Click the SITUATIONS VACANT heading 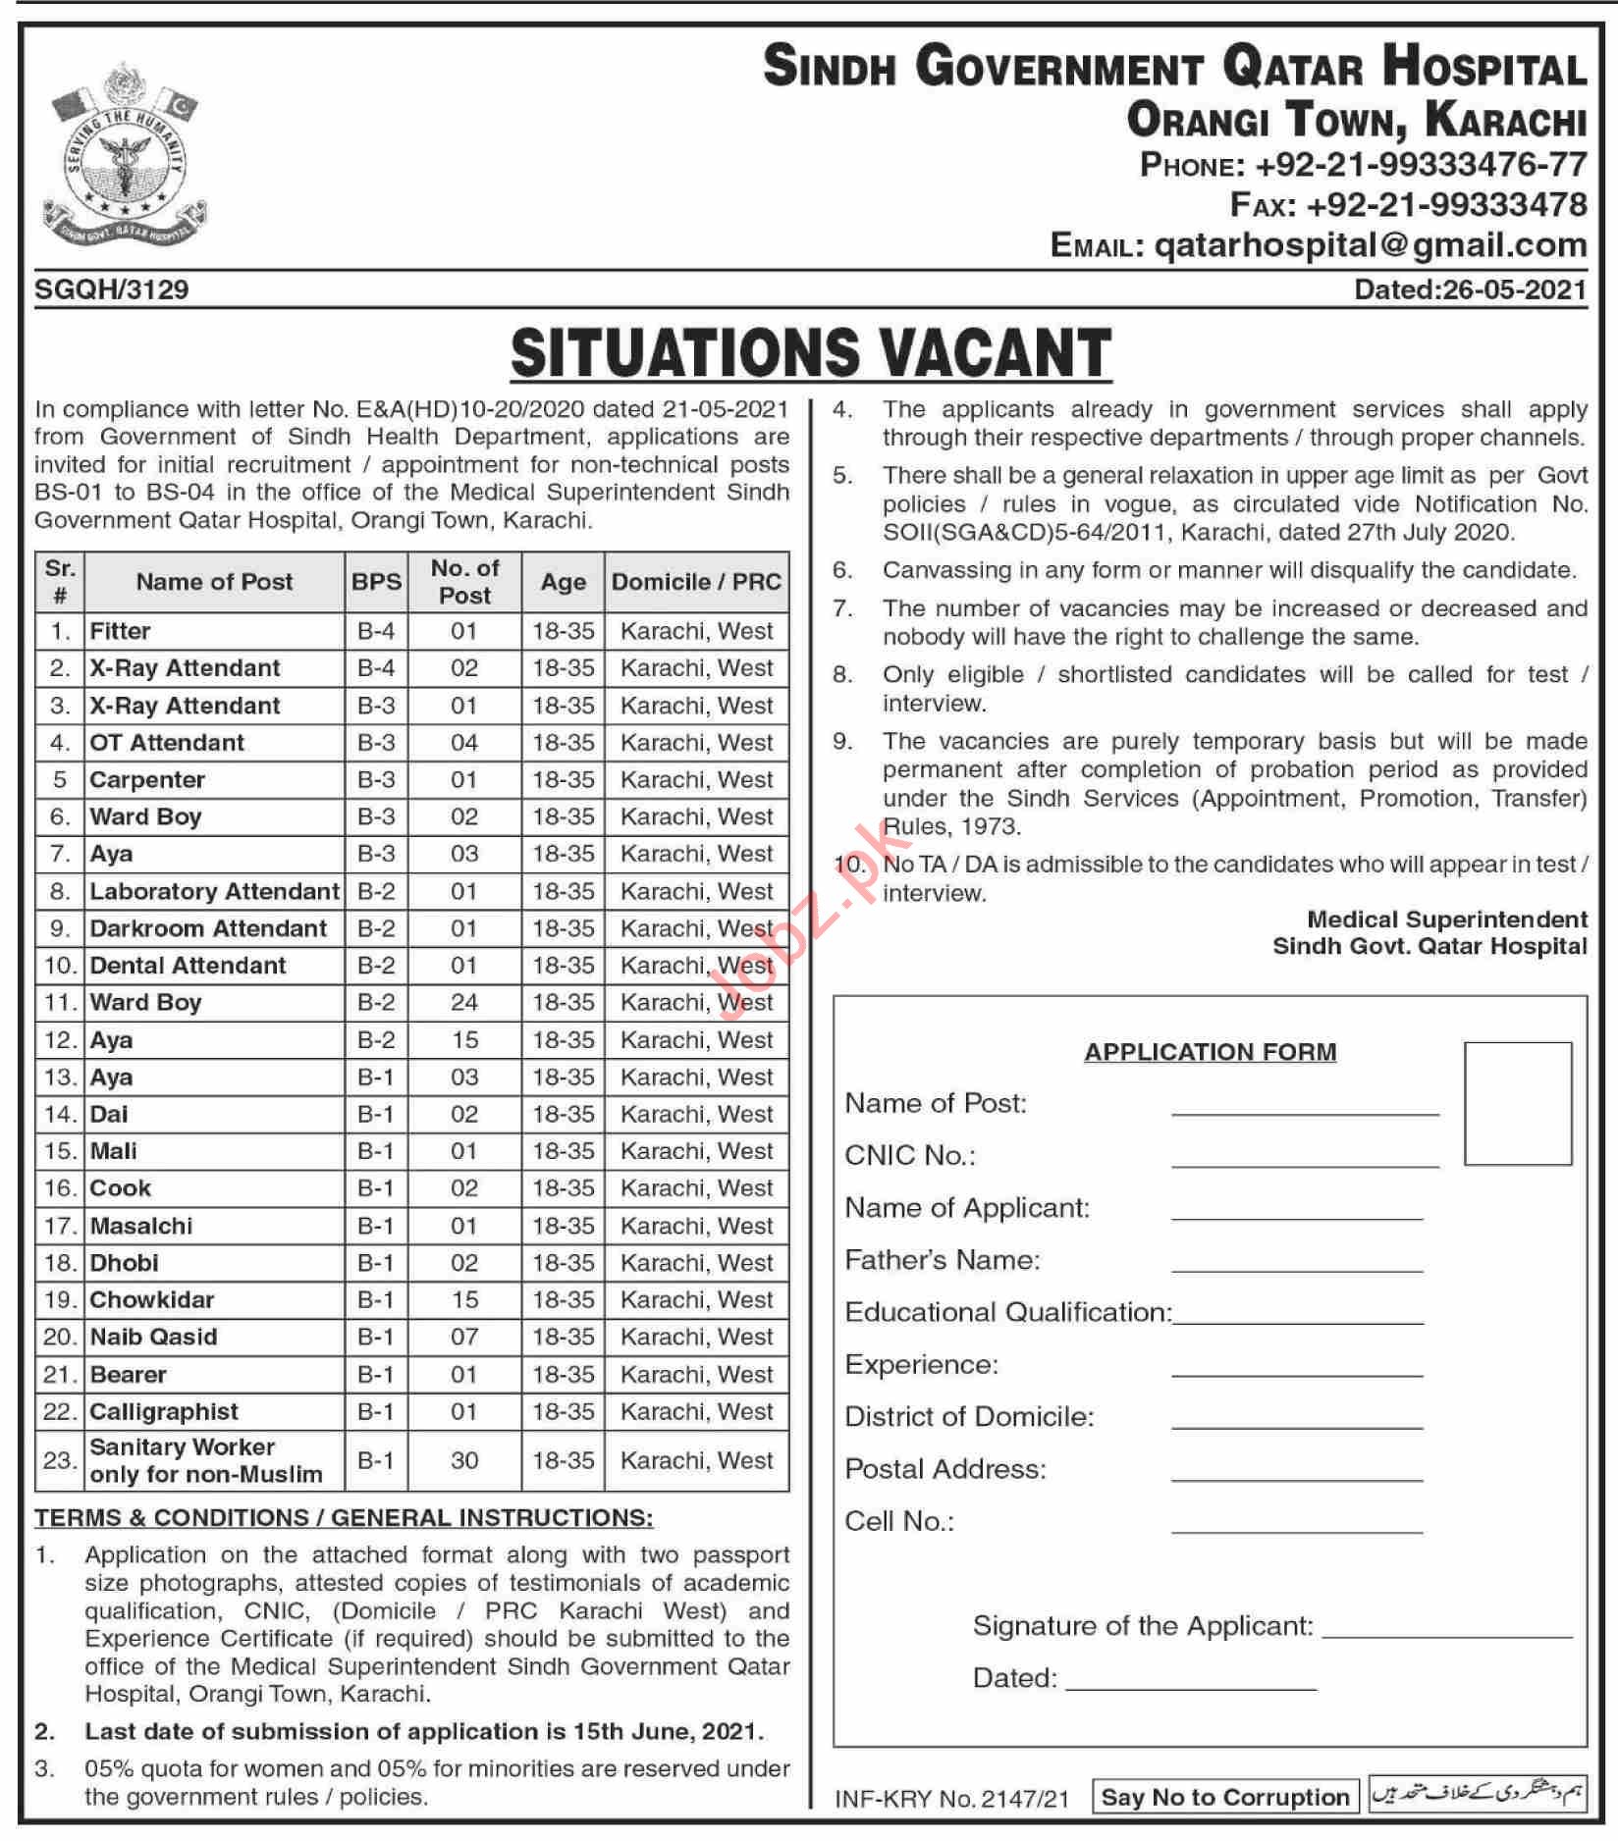pos(810,353)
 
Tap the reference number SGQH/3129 pos(111,289)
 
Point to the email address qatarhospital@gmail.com pos(1371,245)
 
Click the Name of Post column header pos(214,582)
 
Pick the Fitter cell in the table pos(121,631)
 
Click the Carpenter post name pos(147,780)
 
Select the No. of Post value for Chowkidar pos(464,1300)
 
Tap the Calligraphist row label pos(164,1412)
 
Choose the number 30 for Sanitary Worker pos(464,1461)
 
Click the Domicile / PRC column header pos(696,582)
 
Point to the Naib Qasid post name pos(153,1338)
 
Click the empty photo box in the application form pos(1517,1104)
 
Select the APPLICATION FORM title pos(1210,1052)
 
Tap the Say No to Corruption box pos(1224,1798)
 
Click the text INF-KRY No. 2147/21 pos(950,1799)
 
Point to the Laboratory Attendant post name pos(214,892)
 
